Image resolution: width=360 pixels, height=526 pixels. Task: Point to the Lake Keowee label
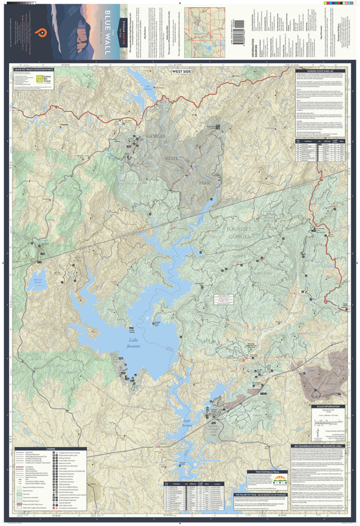191,424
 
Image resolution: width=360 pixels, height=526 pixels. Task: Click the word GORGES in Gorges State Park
156,136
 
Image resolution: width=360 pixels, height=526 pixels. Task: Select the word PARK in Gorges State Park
205,182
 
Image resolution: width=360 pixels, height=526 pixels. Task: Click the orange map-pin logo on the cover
39,32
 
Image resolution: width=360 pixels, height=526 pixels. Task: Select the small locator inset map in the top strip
204,32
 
